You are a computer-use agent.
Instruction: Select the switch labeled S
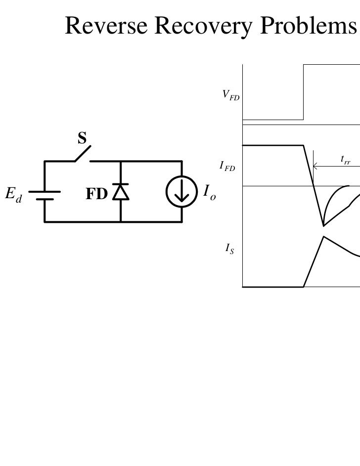click(x=83, y=154)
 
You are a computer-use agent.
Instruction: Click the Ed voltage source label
click(x=14, y=195)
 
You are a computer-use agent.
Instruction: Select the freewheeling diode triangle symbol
click(x=121, y=192)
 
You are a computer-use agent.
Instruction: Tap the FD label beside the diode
click(x=96, y=194)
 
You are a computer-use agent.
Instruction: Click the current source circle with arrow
click(x=182, y=192)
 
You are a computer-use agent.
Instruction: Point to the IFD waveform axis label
click(x=228, y=167)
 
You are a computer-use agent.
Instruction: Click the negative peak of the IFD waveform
click(x=323, y=226)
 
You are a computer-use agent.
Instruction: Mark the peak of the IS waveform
click(x=323, y=237)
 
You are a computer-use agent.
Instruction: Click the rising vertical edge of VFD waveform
click(x=303, y=92)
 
